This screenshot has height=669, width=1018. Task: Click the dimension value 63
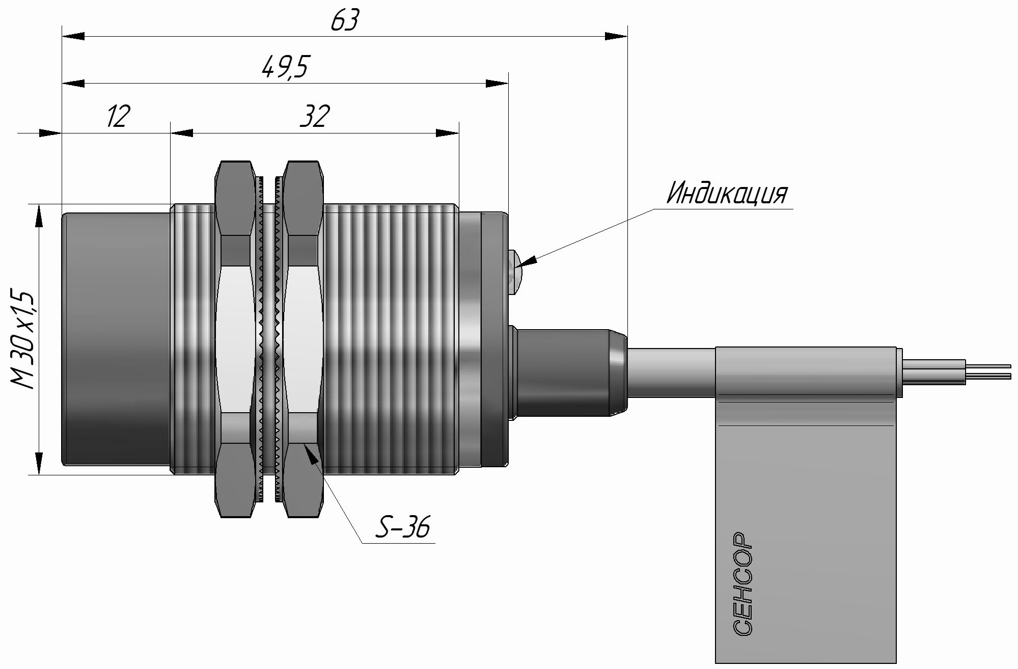pos(345,21)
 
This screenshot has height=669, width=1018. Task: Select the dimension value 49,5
pos(285,67)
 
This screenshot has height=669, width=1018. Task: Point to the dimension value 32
pos(314,116)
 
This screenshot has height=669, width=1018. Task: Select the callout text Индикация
pos(727,194)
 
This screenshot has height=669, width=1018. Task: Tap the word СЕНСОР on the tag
pos(744,584)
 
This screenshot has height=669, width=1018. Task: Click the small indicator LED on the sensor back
pos(514,272)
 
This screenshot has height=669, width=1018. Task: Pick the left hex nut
pos(235,339)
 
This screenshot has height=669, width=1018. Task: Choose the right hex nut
pos(304,339)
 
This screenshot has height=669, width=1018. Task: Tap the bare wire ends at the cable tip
pos(988,371)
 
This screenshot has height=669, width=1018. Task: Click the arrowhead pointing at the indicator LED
pos(528,261)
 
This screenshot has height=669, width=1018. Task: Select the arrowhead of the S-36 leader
pos(312,455)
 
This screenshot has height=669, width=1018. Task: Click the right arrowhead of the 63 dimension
pos(615,36)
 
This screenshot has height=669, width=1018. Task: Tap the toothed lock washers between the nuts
pos(269,339)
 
